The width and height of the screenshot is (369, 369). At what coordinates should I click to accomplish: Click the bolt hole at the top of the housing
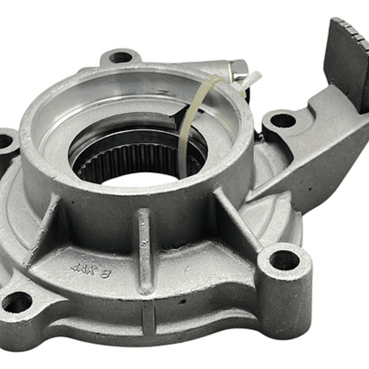click(121, 57)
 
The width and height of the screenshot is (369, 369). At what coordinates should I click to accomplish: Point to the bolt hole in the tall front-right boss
click(284, 260)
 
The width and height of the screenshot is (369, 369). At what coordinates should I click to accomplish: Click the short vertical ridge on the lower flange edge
click(148, 318)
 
